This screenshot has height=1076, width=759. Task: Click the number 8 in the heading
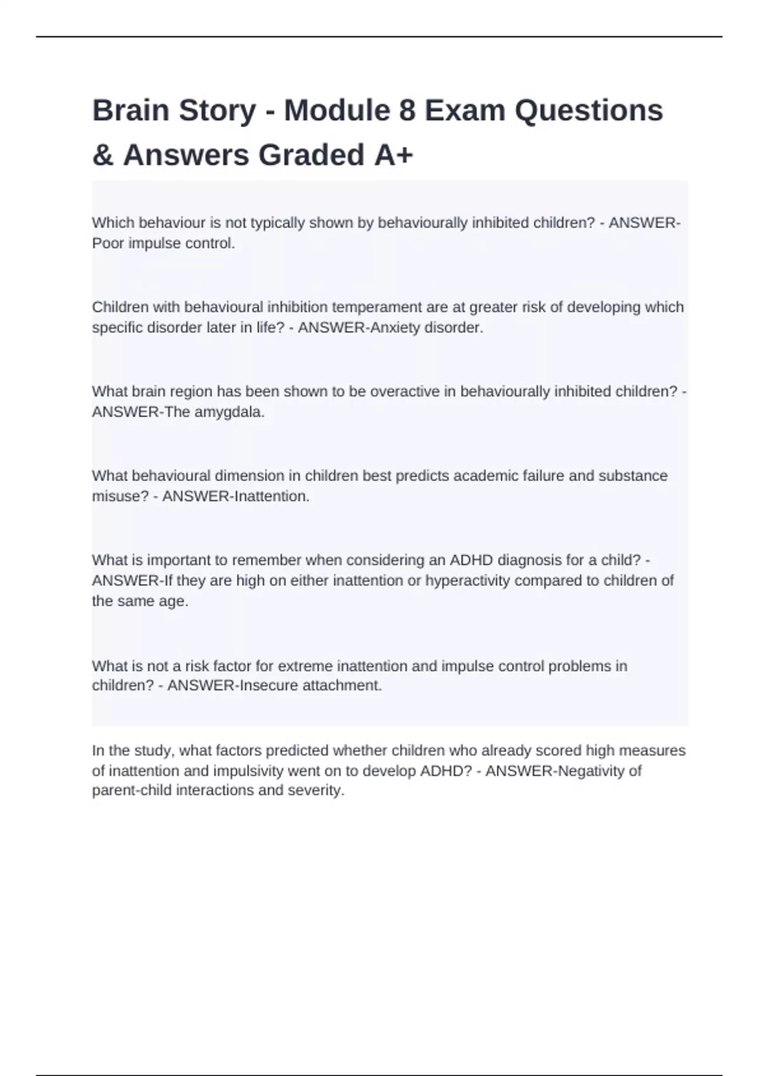[x=407, y=111]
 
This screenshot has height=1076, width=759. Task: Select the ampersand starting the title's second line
[x=102, y=155]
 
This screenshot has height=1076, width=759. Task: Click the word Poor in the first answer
[x=108, y=243]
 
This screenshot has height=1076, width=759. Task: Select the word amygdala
[x=231, y=412]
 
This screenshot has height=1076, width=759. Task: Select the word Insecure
[x=267, y=685]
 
